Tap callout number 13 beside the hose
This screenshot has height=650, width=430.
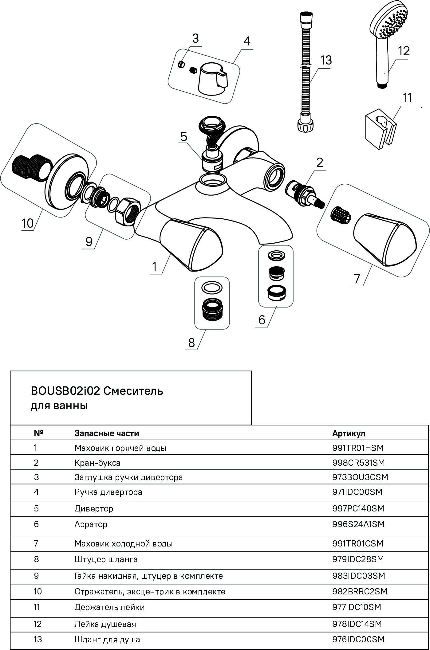(325, 60)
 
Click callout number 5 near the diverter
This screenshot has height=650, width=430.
(183, 137)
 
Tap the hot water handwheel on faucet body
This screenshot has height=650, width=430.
(191, 244)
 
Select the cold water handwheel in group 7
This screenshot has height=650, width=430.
(384, 240)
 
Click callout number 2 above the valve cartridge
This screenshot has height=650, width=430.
(320, 162)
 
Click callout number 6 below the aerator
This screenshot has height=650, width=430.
(262, 320)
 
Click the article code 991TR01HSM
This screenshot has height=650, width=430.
(358, 448)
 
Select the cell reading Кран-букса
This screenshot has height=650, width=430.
(97, 463)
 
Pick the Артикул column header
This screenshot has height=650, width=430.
(349, 433)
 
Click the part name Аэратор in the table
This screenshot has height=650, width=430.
(91, 524)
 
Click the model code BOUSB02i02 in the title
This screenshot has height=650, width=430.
(65, 391)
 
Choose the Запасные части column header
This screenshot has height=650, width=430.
(107, 433)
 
